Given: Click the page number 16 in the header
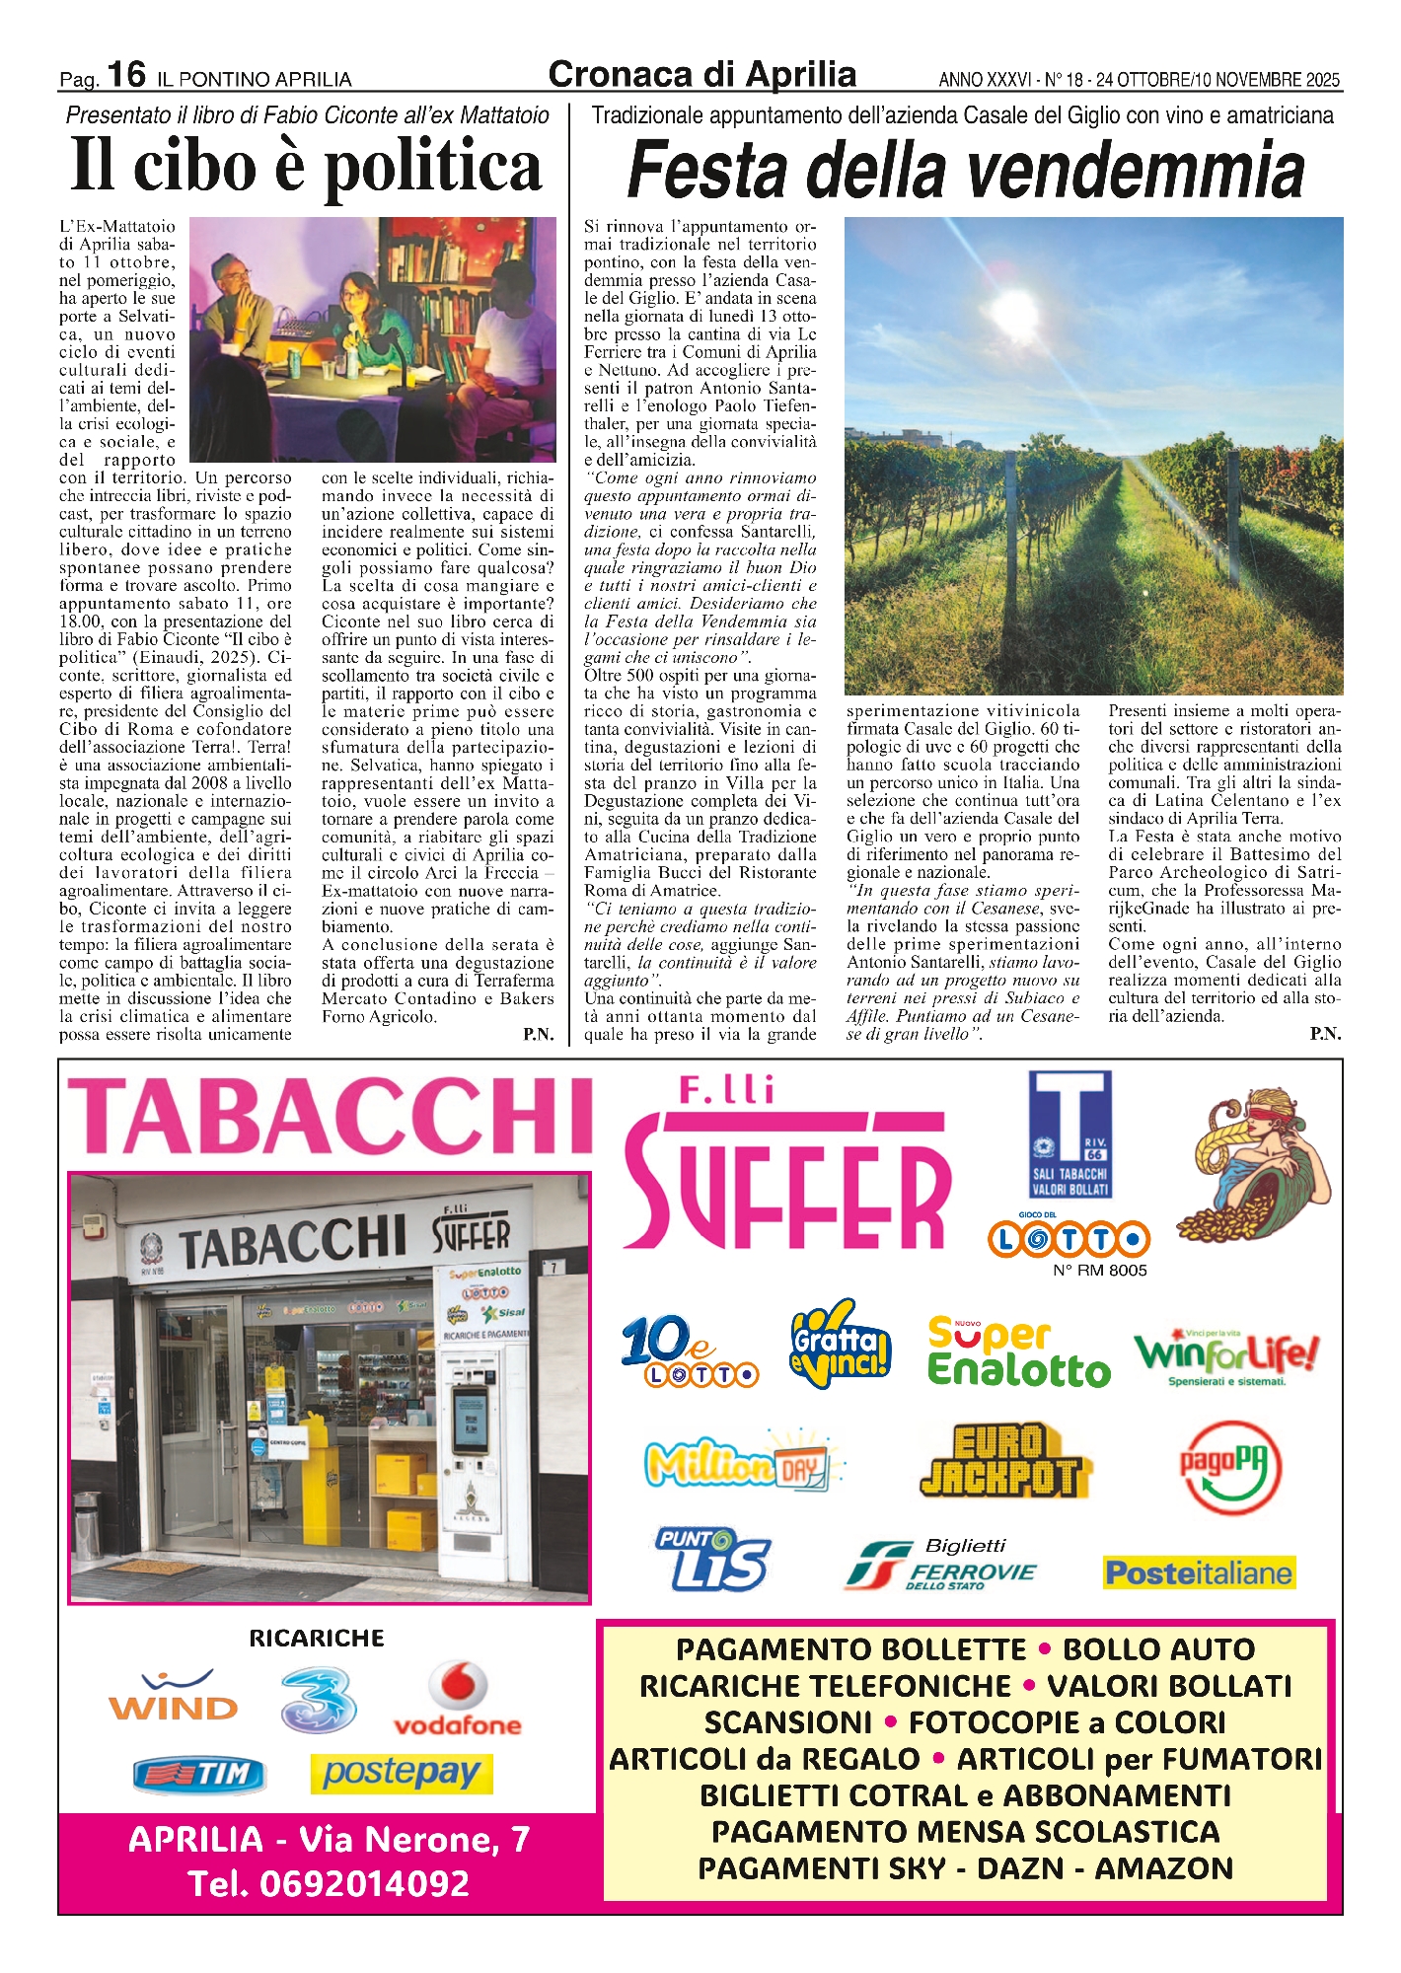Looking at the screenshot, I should tap(126, 74).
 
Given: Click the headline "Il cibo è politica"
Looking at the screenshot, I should tap(306, 166).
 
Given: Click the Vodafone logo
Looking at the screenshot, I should tap(458, 1699).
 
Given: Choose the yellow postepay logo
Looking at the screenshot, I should tap(401, 1774).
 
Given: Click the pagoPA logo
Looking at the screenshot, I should tap(1231, 1467).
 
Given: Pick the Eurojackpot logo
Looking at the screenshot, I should tap(998, 1461).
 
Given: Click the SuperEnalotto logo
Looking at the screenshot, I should tap(1018, 1352).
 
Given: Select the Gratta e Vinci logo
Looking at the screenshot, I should tap(840, 1345).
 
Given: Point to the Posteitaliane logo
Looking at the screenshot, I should tap(1199, 1572).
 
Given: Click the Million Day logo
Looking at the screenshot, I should tap(742, 1462).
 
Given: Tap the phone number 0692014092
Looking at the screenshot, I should tap(331, 1884).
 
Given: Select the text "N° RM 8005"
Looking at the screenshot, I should tap(1099, 1271).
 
